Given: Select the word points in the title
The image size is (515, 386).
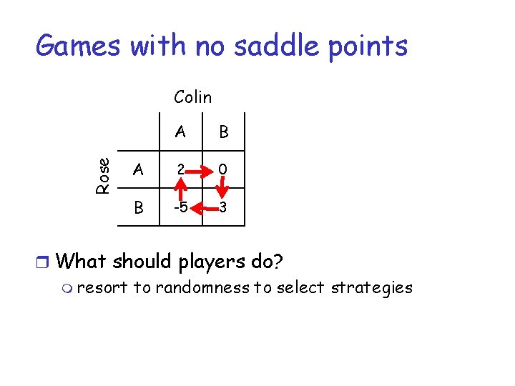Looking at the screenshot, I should (366, 46).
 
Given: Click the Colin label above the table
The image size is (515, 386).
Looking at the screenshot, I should (192, 96).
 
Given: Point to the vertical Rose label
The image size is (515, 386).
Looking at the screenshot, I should (104, 175).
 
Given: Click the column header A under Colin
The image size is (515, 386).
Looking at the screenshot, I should (180, 132).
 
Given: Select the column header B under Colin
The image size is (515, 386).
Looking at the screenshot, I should (223, 132).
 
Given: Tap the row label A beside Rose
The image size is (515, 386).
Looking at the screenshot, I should (139, 169).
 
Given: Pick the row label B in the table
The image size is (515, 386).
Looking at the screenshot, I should (139, 208).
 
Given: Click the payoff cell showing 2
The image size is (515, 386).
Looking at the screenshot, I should (182, 169).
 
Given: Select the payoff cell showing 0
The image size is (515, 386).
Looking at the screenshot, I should (223, 169).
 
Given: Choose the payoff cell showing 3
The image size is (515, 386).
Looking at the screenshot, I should (223, 208).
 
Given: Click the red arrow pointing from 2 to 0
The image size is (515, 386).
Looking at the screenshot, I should (202, 170).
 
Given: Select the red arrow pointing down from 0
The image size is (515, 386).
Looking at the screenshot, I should (223, 189).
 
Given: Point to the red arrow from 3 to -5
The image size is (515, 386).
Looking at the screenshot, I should (202, 209).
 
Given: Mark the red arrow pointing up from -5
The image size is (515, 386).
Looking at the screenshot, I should (182, 189).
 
